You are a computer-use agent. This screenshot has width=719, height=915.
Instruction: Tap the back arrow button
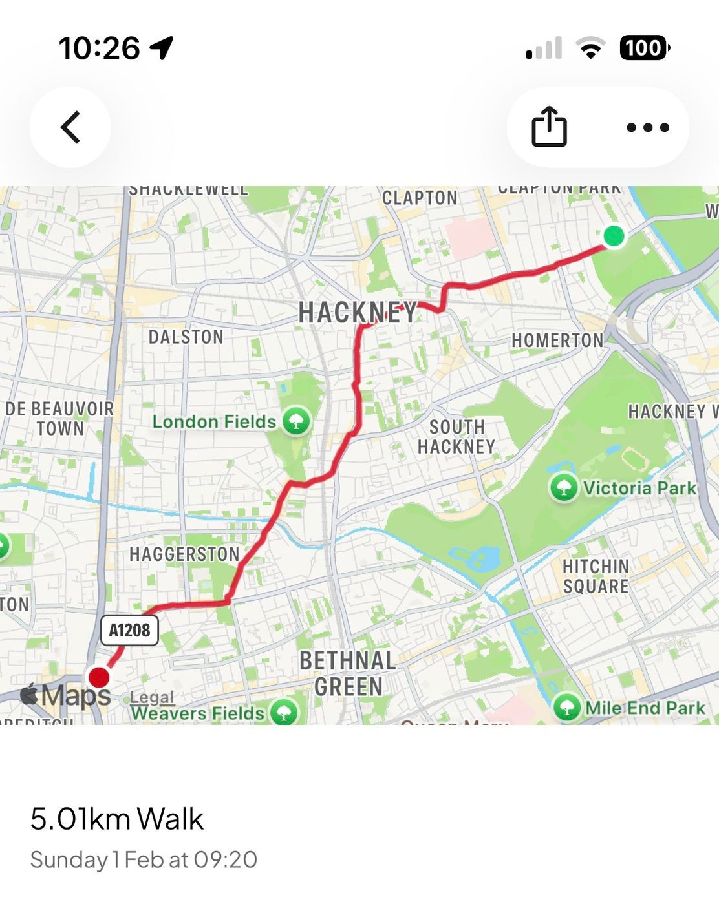pyautogui.click(x=70, y=127)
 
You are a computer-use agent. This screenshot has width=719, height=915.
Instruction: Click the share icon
pyautogui.click(x=549, y=127)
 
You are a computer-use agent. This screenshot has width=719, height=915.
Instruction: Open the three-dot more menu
pyautogui.click(x=647, y=127)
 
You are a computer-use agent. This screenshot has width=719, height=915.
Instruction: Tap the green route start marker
pyautogui.click(x=614, y=236)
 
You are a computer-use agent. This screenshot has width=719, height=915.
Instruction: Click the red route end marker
pyautogui.click(x=99, y=677)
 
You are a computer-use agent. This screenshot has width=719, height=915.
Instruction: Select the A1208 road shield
pyautogui.click(x=129, y=630)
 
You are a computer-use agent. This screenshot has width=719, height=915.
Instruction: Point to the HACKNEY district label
pyautogui.click(x=358, y=313)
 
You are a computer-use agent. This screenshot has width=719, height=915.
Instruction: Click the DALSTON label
pyautogui.click(x=186, y=337)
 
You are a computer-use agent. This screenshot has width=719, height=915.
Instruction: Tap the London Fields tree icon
pyautogui.click(x=296, y=422)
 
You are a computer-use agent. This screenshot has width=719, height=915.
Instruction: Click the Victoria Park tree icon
pyautogui.click(x=564, y=488)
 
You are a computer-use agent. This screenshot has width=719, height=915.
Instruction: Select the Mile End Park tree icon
pyautogui.click(x=567, y=708)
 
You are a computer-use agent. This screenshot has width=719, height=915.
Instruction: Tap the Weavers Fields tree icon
pyautogui.click(x=283, y=713)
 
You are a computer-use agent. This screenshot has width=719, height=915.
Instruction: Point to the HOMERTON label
pyautogui.click(x=557, y=340)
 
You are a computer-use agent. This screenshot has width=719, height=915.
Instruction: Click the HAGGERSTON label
pyautogui.click(x=184, y=554)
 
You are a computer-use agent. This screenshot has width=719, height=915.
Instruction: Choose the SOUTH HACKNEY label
pyautogui.click(x=456, y=437)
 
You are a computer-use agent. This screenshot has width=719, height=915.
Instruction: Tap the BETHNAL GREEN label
pyautogui.click(x=348, y=673)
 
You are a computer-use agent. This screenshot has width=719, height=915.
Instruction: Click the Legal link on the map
pyautogui.click(x=152, y=697)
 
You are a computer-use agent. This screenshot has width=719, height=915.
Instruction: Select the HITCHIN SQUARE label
pyautogui.click(x=596, y=576)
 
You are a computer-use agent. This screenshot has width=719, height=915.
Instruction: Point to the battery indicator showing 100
pyautogui.click(x=644, y=48)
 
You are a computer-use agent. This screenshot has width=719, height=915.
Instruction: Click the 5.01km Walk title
pyautogui.click(x=116, y=819)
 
